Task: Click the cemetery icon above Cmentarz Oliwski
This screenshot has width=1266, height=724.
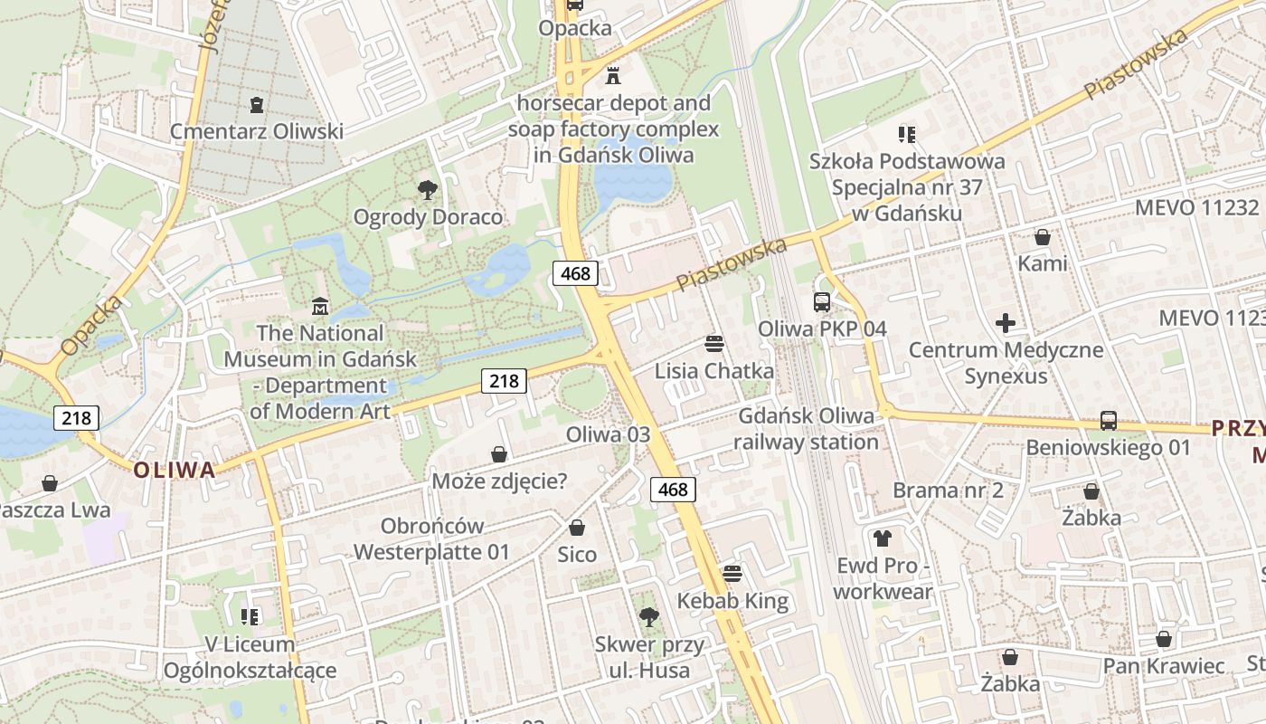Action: [257, 105]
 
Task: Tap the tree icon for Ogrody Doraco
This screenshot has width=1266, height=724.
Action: [428, 190]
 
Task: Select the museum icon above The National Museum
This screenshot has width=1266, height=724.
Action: [318, 307]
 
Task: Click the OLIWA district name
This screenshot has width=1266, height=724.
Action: [175, 470]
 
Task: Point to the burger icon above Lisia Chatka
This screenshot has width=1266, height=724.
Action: [714, 344]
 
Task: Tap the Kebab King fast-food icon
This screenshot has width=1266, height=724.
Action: [732, 574]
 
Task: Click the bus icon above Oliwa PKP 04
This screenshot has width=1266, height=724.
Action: [822, 302]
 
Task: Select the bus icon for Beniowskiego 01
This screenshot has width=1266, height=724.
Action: [1109, 421]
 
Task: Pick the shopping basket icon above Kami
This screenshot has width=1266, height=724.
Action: [1043, 237]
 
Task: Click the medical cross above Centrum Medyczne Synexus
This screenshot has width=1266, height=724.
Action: [1006, 323]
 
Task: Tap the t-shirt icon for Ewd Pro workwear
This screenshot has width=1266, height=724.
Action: [883, 538]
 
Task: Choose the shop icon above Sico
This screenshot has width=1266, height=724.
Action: [577, 528]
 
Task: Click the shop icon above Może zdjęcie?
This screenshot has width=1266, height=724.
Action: [499, 454]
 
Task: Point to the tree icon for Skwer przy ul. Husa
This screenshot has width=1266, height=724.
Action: [648, 617]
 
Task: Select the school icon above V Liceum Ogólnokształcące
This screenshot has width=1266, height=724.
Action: [250, 617]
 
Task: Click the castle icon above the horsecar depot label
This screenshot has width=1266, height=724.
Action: [613, 76]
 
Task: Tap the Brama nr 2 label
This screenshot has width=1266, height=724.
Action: [948, 491]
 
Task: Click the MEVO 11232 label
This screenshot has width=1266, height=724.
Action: [1197, 207]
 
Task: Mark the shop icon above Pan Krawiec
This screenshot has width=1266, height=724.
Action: [1164, 639]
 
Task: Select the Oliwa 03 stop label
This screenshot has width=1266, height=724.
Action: [608, 434]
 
